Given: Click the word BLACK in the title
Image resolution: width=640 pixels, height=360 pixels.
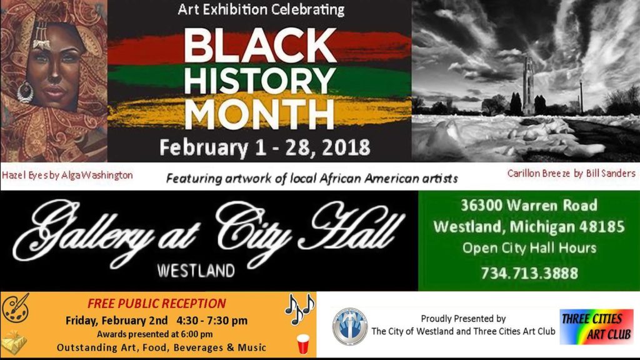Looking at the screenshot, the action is (260, 45).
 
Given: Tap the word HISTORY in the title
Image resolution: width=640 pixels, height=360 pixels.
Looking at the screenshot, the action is (259, 81).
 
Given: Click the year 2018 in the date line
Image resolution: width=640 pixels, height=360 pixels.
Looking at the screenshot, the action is (346, 147).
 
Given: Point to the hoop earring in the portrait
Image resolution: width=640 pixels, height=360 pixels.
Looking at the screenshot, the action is (25, 92).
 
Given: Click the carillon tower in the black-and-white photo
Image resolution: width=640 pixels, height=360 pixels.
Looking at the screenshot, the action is (529, 85).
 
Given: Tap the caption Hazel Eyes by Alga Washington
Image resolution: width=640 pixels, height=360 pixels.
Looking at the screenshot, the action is (67, 175).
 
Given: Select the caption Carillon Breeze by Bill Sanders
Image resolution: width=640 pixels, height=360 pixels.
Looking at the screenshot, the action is (571, 173).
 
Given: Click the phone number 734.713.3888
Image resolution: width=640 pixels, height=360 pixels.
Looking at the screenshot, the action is (529, 273).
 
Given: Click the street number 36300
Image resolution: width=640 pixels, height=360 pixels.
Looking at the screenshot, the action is (481, 205).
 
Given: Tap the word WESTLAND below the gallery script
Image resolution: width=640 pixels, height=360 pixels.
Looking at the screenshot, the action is (196, 271).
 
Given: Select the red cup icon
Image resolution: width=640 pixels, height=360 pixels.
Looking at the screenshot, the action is (303, 344).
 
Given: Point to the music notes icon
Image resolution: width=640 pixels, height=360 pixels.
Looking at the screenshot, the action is (299, 309).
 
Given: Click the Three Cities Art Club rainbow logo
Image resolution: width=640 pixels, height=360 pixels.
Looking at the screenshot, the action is (596, 326).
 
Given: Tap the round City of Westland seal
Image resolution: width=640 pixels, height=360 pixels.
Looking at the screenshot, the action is (350, 327).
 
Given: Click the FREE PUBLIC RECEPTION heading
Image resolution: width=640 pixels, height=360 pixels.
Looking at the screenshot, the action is (156, 303).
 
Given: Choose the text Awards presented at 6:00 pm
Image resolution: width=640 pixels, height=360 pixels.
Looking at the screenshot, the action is (155, 334).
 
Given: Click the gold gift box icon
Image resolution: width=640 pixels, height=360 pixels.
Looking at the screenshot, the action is (14, 342).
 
